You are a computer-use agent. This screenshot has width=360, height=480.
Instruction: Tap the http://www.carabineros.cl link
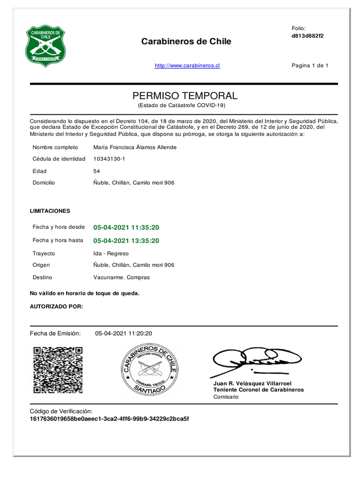(187, 66)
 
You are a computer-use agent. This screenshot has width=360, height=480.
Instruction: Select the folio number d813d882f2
(307, 36)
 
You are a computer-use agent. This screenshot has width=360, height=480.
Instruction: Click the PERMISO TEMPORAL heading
(185, 96)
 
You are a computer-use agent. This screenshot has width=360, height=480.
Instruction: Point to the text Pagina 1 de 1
(310, 66)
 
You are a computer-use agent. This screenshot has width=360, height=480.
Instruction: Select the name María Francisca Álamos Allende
(135, 147)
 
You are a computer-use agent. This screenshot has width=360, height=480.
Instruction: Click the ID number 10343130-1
(109, 159)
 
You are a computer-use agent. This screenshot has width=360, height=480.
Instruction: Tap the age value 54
(97, 171)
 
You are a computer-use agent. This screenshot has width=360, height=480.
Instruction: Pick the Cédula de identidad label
(59, 159)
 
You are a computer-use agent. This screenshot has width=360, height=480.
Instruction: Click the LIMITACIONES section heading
(50, 211)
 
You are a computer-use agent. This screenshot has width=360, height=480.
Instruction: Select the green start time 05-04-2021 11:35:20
(126, 227)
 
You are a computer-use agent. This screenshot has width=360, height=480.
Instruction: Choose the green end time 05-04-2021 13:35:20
(126, 241)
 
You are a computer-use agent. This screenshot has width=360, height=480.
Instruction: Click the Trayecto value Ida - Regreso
(111, 254)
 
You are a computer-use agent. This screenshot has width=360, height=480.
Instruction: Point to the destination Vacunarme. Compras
(121, 277)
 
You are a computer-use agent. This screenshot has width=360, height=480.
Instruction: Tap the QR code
(58, 370)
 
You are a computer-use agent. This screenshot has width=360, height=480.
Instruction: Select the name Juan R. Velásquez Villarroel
(252, 383)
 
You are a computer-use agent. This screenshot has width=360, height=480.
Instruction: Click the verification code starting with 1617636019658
(109, 419)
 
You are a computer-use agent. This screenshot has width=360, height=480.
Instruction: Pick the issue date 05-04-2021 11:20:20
(124, 334)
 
